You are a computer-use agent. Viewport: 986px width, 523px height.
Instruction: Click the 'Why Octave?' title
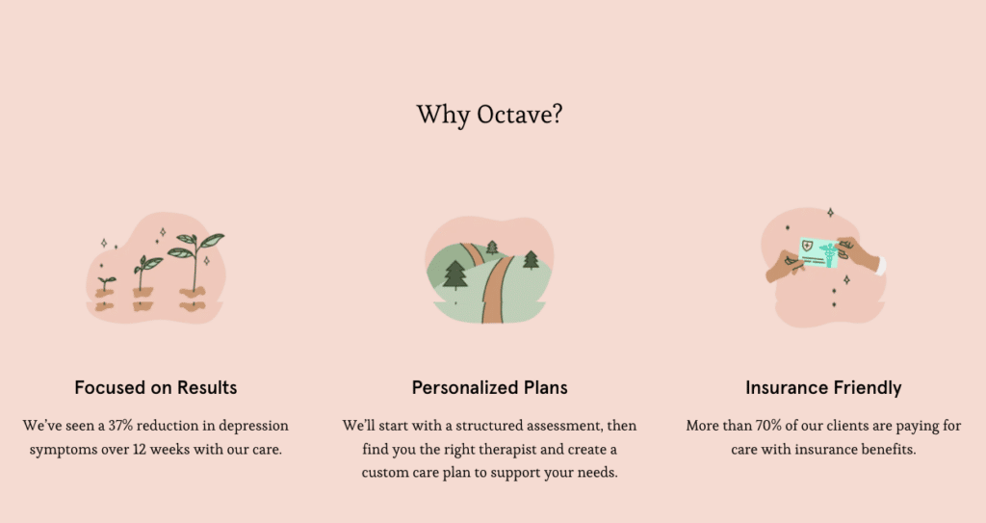click(489, 115)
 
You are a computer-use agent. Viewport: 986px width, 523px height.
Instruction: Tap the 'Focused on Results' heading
click(156, 388)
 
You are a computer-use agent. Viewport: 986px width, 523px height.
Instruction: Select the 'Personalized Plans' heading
click(490, 388)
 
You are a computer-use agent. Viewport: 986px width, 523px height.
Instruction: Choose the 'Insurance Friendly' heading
click(824, 388)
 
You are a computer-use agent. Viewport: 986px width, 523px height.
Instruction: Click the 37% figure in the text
click(120, 426)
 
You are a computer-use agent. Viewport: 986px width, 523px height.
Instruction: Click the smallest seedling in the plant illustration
click(106, 284)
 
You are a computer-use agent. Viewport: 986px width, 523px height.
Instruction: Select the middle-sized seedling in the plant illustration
click(146, 272)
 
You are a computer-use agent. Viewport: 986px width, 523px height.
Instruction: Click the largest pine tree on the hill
click(454, 275)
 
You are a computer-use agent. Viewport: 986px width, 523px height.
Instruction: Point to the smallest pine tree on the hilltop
click(492, 248)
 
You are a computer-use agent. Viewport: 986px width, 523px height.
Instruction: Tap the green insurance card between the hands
click(818, 253)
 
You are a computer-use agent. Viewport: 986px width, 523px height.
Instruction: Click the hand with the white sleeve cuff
click(862, 255)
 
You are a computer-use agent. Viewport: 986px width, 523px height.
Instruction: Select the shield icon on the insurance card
click(808, 246)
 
